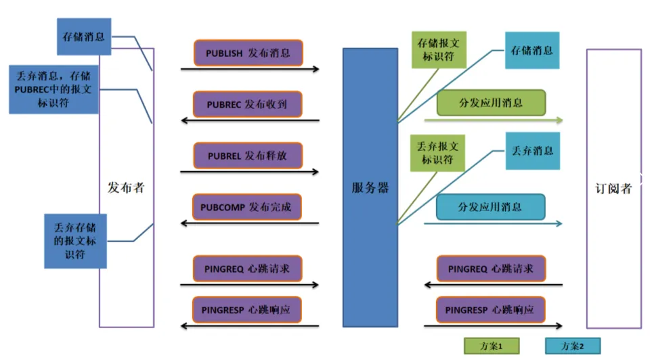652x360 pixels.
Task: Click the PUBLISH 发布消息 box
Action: [248, 53]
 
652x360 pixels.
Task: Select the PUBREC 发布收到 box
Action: [248, 104]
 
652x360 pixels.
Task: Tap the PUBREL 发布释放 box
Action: [248, 156]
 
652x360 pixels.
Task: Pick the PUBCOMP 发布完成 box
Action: [248, 207]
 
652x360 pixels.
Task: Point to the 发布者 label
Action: [126, 187]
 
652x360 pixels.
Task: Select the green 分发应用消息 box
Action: [491, 104]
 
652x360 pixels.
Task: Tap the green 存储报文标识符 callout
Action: [439, 49]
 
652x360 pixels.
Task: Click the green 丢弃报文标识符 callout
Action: [439, 153]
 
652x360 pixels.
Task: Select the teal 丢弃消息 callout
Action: [532, 151]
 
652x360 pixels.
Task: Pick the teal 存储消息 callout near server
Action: [532, 51]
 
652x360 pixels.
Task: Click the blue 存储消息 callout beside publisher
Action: [84, 37]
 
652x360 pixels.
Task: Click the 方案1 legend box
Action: [490, 346]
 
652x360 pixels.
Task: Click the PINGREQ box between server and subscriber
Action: [491, 269]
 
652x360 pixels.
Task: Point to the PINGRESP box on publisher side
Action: [248, 310]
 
